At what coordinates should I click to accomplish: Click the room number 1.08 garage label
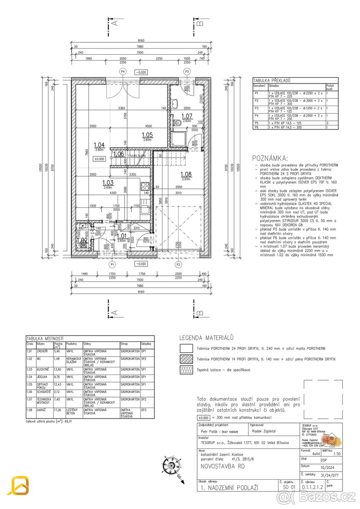[186, 174]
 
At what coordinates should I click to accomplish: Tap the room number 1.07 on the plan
[187, 116]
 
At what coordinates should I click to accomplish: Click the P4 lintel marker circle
[123, 71]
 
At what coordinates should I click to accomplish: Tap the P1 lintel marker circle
[113, 264]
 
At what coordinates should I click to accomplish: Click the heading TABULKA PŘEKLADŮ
[272, 80]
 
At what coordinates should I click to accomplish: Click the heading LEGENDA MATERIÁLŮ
[207, 338]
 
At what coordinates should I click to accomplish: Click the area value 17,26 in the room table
[58, 410]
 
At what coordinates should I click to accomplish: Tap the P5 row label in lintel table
[256, 123]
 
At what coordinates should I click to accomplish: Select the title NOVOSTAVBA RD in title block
[220, 466]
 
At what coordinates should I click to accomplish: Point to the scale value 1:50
[337, 453]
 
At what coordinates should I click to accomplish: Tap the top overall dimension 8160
[141, 41]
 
